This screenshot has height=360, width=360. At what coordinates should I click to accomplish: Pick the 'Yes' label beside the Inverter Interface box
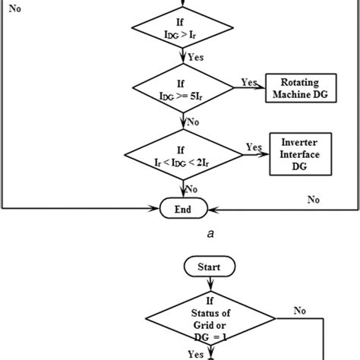click(x=254, y=147)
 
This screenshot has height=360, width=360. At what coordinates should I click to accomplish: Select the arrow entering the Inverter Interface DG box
click(x=258, y=154)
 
